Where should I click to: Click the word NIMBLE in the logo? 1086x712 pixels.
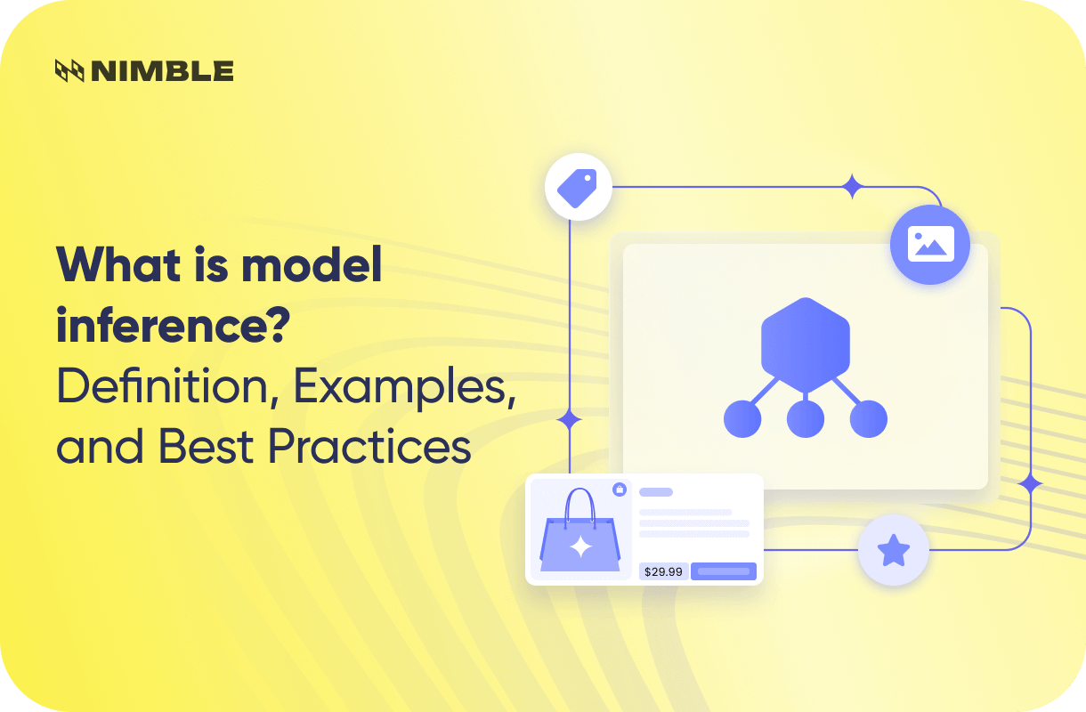point(161,71)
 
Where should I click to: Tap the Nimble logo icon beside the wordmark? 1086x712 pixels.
point(69,71)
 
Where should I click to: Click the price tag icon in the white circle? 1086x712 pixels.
point(578,187)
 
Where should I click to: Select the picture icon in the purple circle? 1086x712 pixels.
point(930,244)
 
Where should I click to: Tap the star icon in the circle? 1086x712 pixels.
point(893,551)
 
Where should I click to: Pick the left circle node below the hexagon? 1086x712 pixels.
point(742,418)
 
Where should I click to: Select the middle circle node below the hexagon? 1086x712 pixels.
point(806,418)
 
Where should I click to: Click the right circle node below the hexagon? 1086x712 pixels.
point(869,418)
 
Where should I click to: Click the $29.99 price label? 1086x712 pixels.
point(662,571)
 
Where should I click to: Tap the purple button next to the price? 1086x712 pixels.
point(724,571)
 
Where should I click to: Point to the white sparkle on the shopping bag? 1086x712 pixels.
point(580,546)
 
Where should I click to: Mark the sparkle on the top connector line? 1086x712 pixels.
point(853,187)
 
